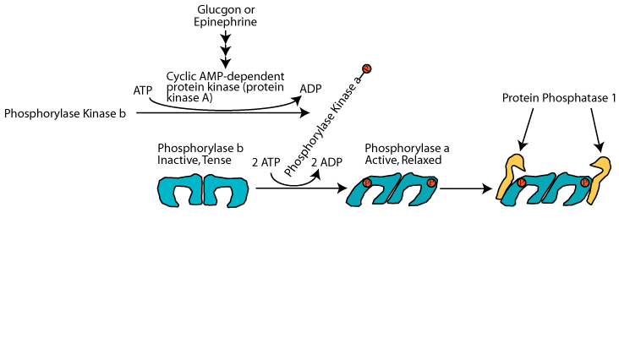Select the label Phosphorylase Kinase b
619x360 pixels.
[x=65, y=112]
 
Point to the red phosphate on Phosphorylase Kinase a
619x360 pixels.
[x=366, y=68]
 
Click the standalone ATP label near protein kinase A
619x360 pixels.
[x=142, y=89]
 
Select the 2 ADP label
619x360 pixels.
[x=326, y=161]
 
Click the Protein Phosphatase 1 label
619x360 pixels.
[x=559, y=98]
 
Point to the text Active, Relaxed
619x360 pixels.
[x=403, y=159]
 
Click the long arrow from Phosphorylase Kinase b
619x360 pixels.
[x=220, y=112]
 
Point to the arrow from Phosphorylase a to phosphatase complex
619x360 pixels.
[x=463, y=188]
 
